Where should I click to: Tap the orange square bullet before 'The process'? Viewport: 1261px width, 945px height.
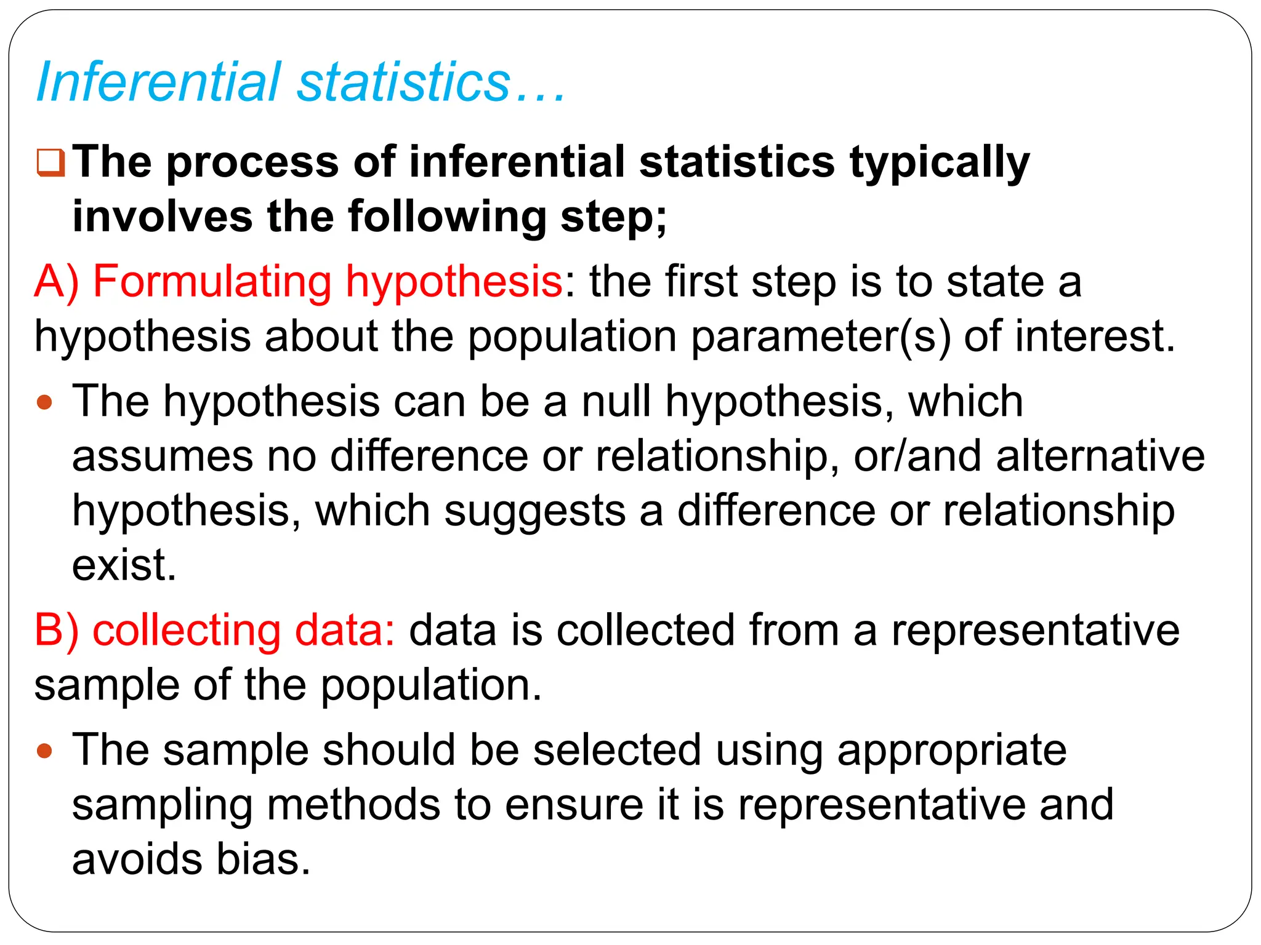50,162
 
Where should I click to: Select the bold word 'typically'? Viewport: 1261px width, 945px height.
940,162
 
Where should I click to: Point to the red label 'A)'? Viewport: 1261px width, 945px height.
56,282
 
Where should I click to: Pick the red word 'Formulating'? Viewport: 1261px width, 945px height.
212,282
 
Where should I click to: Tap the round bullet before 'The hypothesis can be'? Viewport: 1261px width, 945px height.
44,403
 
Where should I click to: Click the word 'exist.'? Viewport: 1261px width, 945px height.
124,565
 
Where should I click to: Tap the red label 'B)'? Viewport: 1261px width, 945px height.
56,631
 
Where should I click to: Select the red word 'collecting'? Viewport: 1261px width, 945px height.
187,631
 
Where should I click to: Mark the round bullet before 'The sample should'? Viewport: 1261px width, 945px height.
44,751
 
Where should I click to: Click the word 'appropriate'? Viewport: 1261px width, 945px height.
952,751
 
